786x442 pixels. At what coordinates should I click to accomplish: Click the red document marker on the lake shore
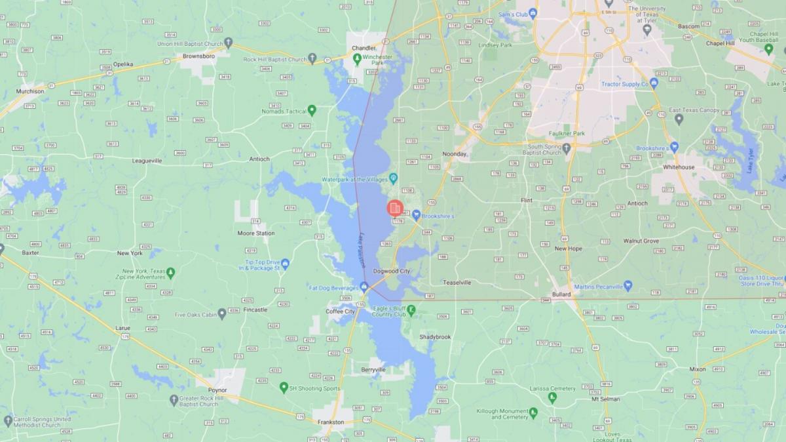point(394,209)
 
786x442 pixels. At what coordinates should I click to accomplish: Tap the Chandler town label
point(364,48)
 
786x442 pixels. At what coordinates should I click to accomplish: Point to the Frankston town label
point(331,422)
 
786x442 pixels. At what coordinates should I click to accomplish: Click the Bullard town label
point(561,294)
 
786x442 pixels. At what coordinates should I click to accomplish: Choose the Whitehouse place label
point(679,167)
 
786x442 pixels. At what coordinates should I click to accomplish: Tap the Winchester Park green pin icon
point(357,59)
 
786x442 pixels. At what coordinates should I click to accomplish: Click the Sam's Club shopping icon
point(533,14)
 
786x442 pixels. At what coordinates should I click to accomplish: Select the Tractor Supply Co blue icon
point(654,83)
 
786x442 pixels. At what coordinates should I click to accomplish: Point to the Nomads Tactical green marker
point(312,110)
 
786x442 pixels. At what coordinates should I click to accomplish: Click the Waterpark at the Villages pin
point(394,178)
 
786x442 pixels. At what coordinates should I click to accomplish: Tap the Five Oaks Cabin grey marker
point(222,314)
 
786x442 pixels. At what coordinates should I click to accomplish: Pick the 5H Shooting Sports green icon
point(284,388)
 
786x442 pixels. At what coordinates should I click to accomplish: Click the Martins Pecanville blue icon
point(627,285)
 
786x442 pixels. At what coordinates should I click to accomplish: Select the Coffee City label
point(341,311)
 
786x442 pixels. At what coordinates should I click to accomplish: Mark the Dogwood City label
point(391,271)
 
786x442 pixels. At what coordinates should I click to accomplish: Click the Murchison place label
point(30,91)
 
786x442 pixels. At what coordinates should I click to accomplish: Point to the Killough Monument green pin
point(533,412)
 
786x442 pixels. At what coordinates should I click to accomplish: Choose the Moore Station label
point(255,233)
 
